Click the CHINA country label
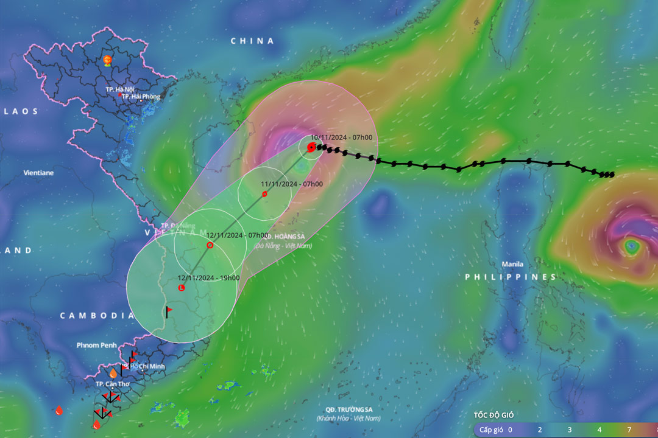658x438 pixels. [252, 41]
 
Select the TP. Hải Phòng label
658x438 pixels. [141, 96]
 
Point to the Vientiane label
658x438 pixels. [38, 173]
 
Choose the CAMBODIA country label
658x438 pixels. [97, 315]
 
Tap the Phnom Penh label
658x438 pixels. [96, 345]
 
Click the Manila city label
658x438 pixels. [512, 264]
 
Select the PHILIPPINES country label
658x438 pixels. [511, 277]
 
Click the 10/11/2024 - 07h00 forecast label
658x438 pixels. [341, 137]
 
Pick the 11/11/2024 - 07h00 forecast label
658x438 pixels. [292, 184]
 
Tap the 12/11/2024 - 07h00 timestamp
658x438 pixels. [237, 235]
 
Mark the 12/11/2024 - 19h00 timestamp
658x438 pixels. [208, 277]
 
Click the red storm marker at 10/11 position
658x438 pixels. [311, 147]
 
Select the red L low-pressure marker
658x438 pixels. [181, 288]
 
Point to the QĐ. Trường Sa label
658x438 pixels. [348, 410]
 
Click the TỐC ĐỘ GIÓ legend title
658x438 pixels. [494, 415]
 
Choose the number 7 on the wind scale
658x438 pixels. [629, 429]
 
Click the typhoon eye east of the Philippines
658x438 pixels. [631, 247]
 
